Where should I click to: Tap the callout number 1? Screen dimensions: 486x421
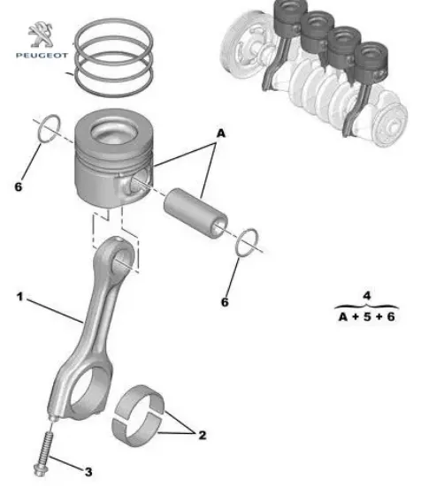19,297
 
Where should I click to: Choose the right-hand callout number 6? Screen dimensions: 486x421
225,301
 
